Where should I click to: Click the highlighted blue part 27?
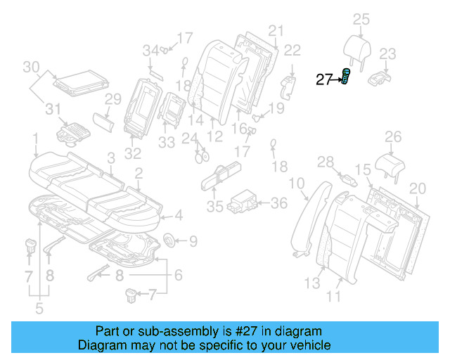pos(346,77)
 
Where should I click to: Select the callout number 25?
pos(361,19)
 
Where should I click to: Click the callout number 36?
pos(279,203)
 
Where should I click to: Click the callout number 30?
pos(31,67)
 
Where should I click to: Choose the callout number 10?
pos(297,184)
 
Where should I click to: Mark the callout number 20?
pos(418,188)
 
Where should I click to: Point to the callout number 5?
pos(39,307)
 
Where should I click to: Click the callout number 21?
pos(275,30)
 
